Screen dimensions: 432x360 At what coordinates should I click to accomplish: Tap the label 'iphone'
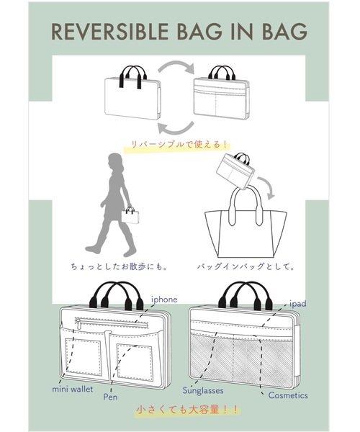pos(164,298)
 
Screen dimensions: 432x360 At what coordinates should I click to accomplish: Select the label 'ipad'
pos(299,304)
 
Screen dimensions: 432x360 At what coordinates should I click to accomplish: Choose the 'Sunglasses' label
pos(202,390)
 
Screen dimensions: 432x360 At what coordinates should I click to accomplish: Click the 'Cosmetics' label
pos(288,395)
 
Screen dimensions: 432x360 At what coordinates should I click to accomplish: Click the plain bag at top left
pos(128,99)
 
